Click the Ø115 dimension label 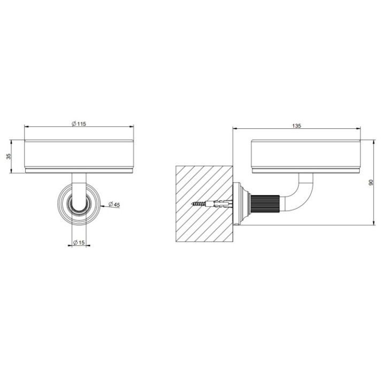point(79,124)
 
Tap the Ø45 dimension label point(113,204)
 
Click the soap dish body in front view point(79,155)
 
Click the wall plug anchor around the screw point(220,204)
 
